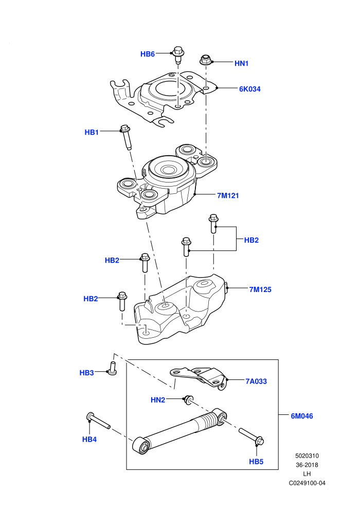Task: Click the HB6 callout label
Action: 148,54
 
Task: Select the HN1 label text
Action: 242,64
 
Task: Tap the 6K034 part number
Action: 249,89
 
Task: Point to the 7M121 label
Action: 228,195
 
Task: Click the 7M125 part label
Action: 260,289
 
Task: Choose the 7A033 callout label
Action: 256,381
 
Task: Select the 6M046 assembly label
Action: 302,416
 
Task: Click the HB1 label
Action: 92,133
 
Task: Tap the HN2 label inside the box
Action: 158,400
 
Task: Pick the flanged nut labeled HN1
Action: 205,60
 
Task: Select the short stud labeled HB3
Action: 112,369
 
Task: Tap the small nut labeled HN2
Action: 188,400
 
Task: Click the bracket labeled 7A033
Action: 199,377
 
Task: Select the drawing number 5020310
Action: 307,456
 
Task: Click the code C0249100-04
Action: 307,483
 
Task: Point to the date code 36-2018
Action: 307,465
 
